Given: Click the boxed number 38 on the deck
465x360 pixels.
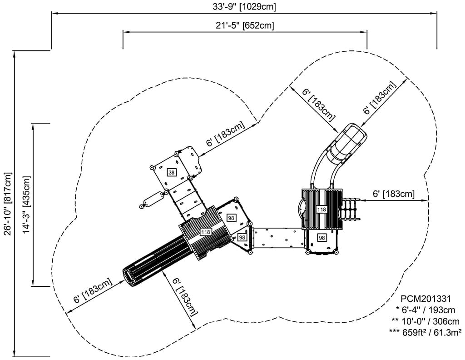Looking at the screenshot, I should tap(171, 172).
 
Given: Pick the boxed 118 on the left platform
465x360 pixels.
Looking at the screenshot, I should tap(205, 232).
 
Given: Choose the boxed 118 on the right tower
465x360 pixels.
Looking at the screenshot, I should tap(322, 210).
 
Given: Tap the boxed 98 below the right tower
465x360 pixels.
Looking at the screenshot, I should tap(322, 237).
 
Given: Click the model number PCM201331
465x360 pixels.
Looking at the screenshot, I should tap(425, 299).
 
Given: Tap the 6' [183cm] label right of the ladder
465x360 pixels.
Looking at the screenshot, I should tap(393, 194).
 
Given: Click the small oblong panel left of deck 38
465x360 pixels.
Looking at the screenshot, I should tap(153, 200).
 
